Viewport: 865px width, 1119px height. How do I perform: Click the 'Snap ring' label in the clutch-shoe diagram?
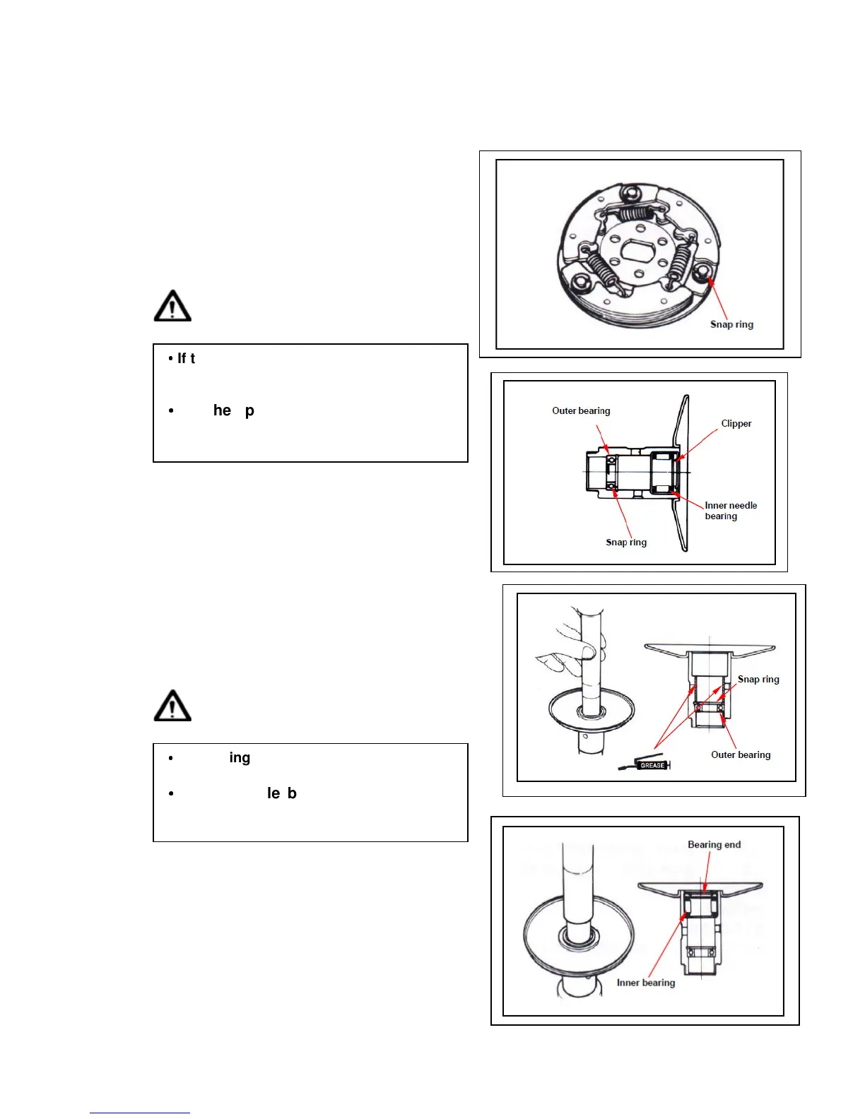[x=731, y=324]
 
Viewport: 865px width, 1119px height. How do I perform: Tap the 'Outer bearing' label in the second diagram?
[x=581, y=410]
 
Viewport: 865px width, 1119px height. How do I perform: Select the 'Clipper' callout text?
[x=736, y=423]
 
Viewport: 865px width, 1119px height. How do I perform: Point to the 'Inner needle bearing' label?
[x=730, y=511]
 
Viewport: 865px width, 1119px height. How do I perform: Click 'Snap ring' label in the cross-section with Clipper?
[x=626, y=542]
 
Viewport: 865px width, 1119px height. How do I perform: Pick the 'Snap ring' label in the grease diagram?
[x=758, y=679]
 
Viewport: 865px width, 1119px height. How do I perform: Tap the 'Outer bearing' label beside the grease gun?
[x=741, y=754]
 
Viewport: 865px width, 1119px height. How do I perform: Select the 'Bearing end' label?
[x=714, y=844]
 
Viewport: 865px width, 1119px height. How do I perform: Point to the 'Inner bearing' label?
[x=645, y=982]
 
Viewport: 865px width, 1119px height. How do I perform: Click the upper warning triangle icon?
[x=172, y=306]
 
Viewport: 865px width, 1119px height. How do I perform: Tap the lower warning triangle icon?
[x=172, y=706]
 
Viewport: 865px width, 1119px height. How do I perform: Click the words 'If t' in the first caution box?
[x=186, y=359]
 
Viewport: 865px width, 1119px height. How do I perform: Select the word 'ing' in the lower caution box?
[x=240, y=758]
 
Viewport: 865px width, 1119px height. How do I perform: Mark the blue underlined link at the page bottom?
[x=139, y=1113]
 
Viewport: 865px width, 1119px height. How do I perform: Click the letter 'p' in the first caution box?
[x=249, y=411]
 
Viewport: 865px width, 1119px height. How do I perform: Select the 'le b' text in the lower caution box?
[x=281, y=793]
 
